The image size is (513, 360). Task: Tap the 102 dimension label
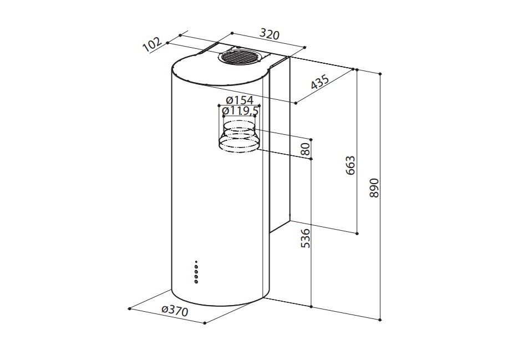[153, 44]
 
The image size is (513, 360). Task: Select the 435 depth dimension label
[319, 82]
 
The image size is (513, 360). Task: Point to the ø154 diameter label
[240, 99]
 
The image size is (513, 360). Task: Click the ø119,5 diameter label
[240, 111]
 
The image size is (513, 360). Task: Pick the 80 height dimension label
[304, 149]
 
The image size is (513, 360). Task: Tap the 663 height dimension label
[350, 166]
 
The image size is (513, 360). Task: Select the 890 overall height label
[374, 188]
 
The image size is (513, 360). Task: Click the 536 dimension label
[304, 239]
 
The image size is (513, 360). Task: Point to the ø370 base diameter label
[175, 310]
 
